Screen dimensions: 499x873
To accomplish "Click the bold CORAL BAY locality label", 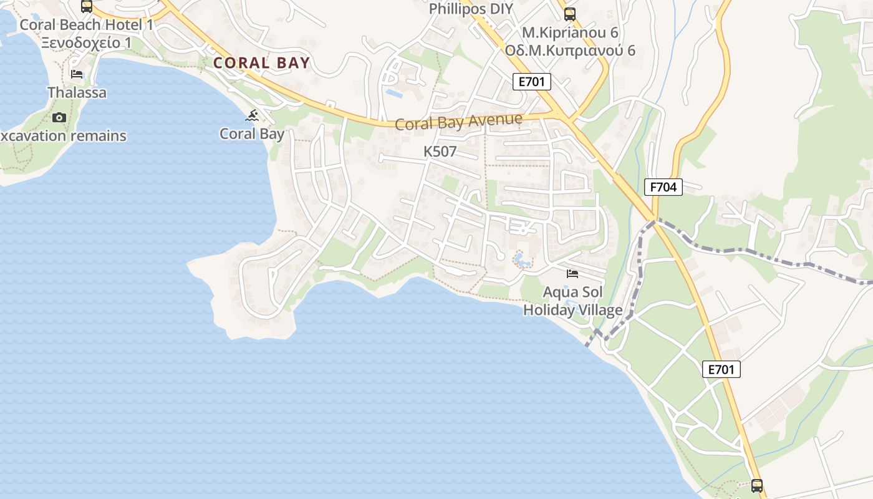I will (x=261, y=63).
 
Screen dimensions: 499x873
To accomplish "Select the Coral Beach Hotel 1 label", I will (x=87, y=25).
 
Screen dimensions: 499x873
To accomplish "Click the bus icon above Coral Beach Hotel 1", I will (x=87, y=6).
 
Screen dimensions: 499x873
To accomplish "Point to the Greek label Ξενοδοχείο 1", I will (x=87, y=42).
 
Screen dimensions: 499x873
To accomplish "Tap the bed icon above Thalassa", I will (x=77, y=74).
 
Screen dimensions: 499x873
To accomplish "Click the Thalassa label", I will (x=77, y=93).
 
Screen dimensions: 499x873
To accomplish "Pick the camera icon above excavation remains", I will (x=59, y=117).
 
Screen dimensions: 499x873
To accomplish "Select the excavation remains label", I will (x=63, y=136).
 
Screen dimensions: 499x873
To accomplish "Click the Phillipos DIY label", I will (x=471, y=9).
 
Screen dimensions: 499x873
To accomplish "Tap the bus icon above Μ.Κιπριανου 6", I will (x=570, y=14).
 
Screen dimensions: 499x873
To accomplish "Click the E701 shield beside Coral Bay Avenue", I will (x=532, y=81).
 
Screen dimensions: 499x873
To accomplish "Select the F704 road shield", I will (x=663, y=187).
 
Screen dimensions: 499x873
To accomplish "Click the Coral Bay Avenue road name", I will (x=458, y=121).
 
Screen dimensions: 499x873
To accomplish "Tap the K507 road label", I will (x=440, y=152).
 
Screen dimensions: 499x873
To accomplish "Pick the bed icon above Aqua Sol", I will (x=572, y=274).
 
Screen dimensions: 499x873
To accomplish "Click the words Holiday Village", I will (x=572, y=310).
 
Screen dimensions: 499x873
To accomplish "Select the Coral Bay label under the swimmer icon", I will (x=252, y=133).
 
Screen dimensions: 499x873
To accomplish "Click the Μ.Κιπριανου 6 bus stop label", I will (x=570, y=32).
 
